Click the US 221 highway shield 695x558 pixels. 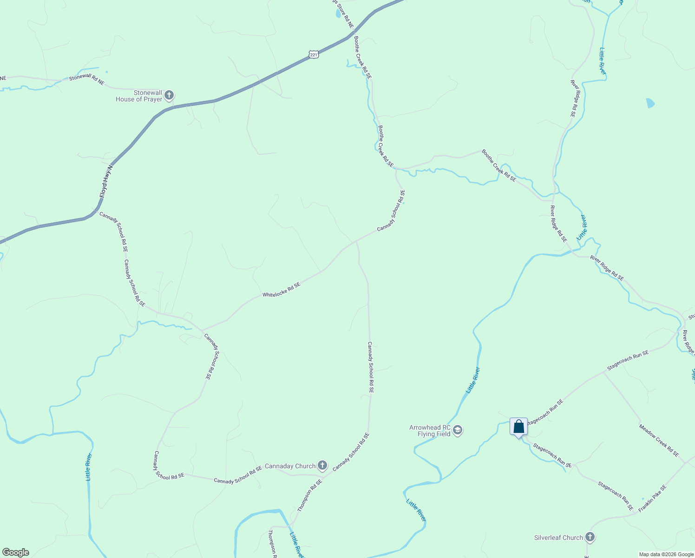(314, 55)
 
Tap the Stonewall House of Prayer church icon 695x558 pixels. (169, 96)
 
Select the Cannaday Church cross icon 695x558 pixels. (322, 465)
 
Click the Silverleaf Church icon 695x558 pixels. (590, 538)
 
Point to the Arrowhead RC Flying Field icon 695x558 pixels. (458, 431)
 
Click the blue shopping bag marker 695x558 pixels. (518, 427)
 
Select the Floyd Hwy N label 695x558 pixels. (106, 181)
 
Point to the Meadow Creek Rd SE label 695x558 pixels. (659, 440)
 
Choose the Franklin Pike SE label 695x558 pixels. (652, 498)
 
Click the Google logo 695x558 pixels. (15, 552)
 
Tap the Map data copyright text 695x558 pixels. (666, 554)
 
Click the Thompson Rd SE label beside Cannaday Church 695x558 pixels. (309, 496)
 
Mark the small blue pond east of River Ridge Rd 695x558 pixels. (650, 103)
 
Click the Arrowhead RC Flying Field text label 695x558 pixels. (430, 431)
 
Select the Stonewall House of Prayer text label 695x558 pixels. (139, 96)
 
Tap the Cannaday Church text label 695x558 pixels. (290, 466)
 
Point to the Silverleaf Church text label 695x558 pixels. (558, 538)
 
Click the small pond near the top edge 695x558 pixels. (338, 13)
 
